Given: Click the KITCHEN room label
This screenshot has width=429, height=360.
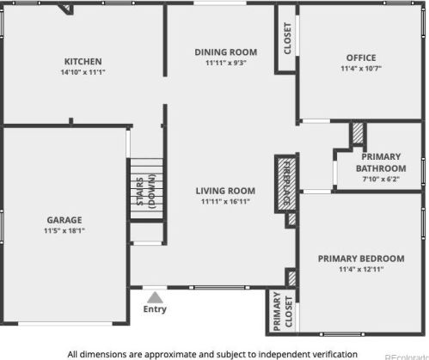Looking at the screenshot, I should pos(83,61).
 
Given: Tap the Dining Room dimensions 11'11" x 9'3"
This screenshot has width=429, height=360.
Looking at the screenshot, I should pos(226,63).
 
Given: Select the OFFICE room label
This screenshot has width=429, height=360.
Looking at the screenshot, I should pos(361,58).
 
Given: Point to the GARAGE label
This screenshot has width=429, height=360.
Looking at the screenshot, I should pos(64,218).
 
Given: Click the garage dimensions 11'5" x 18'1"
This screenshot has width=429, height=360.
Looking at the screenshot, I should pos(64,230).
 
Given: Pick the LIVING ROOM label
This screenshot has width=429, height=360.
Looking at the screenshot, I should pos(226,191).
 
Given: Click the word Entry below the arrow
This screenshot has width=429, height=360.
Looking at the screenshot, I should pos(156,309).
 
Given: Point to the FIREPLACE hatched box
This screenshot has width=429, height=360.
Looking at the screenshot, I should pos(285,183).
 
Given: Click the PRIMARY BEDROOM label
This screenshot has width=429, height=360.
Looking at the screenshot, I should pos(361,258).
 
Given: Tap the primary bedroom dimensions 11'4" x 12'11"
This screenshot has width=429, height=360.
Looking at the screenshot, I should pos(361,270).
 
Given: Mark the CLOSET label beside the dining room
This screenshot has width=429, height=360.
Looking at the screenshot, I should pos(287,37).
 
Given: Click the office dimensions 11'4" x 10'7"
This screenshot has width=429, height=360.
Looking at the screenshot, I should pos(361,70).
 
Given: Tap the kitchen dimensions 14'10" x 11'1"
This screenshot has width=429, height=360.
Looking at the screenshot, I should pos(83,73).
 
